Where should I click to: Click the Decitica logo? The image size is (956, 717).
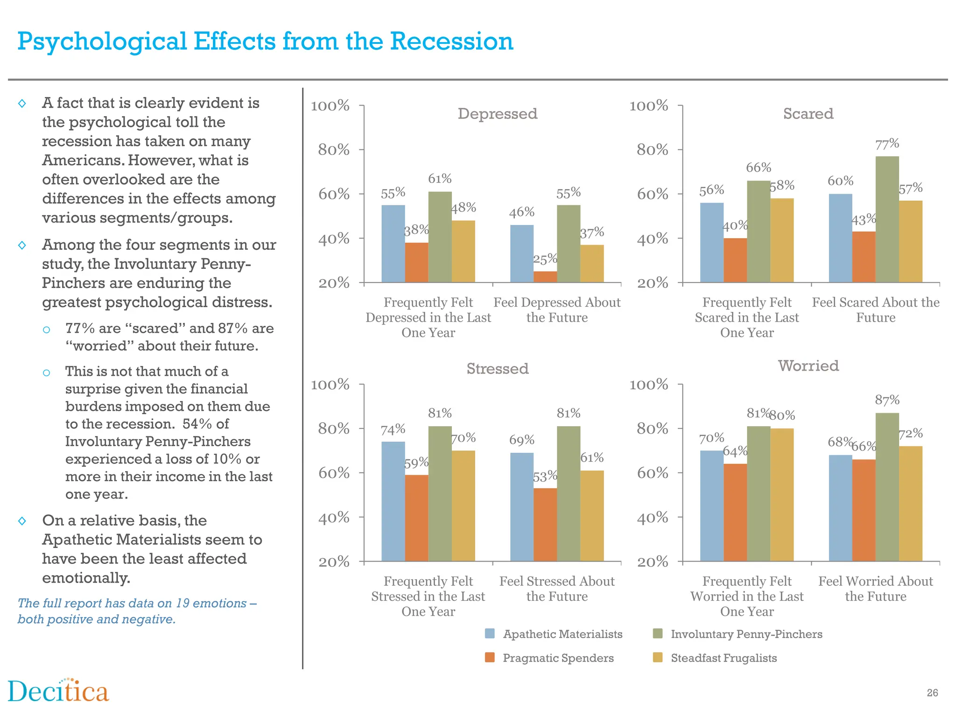point(58,691)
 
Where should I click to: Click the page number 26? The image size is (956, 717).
point(932,693)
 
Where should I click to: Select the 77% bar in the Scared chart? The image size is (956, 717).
point(887,219)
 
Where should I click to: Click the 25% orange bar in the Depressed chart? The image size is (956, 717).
point(545,277)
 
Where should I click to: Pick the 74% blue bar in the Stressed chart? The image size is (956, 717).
point(393,501)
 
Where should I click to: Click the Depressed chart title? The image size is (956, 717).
point(497,113)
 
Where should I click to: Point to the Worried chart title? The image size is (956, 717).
point(808,366)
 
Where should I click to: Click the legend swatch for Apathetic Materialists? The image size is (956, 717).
point(490,633)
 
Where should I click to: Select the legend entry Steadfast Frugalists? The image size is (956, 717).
point(724,658)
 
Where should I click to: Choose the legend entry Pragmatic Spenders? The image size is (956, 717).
point(558,658)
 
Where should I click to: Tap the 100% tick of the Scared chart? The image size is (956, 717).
point(649,105)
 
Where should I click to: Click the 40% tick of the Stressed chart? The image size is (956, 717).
point(334,517)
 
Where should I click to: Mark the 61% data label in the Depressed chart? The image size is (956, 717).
point(440,178)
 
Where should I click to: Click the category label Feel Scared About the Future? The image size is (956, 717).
point(876,310)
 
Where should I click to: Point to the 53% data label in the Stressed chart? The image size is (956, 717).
point(545,476)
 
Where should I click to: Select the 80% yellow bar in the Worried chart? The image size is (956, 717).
point(782,495)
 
